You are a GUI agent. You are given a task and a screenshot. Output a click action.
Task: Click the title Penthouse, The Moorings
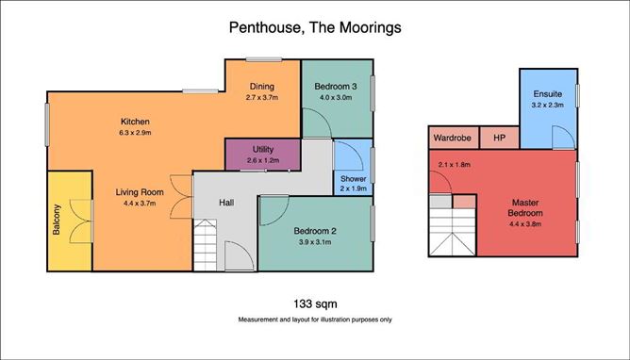coord(315,27)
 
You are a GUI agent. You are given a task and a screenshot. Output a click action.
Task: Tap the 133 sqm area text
coord(315,303)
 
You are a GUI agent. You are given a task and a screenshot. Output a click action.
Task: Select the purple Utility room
coord(263,155)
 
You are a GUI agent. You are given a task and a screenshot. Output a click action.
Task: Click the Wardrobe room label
coord(452,138)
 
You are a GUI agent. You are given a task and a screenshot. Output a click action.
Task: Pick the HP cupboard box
coord(499,138)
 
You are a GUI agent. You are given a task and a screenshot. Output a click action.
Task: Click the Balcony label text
coord(57,220)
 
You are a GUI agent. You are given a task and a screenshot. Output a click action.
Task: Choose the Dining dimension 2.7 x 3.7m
coord(262,97)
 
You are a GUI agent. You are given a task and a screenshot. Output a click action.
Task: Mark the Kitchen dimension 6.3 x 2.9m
coord(135,133)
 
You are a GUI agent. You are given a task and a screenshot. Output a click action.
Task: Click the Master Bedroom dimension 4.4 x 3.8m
coord(525,224)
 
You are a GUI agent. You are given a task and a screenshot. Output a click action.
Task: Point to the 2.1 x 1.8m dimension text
coord(455,165)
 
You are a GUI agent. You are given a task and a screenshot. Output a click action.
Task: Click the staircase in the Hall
coord(206,245)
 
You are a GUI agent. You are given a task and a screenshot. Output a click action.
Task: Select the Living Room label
coord(140,192)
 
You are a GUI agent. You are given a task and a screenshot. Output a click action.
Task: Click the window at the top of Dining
coord(264,59)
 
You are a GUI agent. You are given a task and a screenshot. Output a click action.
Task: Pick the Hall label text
coord(226,203)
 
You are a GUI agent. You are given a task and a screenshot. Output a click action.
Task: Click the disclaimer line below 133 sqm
coord(315,319)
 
